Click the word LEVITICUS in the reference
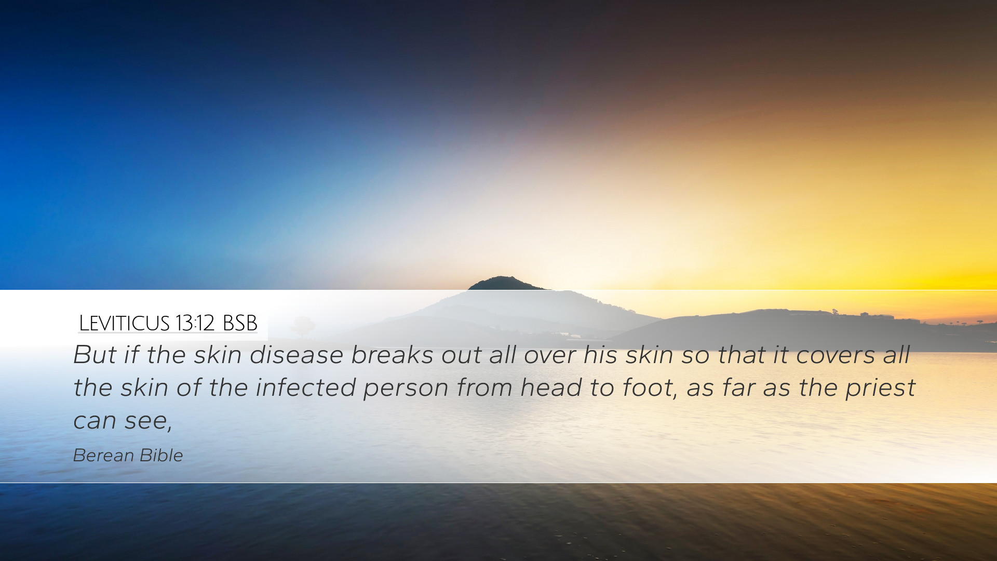124,324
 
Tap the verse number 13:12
195,324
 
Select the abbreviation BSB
240,324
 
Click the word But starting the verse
95,355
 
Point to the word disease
297,355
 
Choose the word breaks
392,355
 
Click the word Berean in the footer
103,456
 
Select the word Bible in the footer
161,456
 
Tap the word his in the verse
601,355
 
